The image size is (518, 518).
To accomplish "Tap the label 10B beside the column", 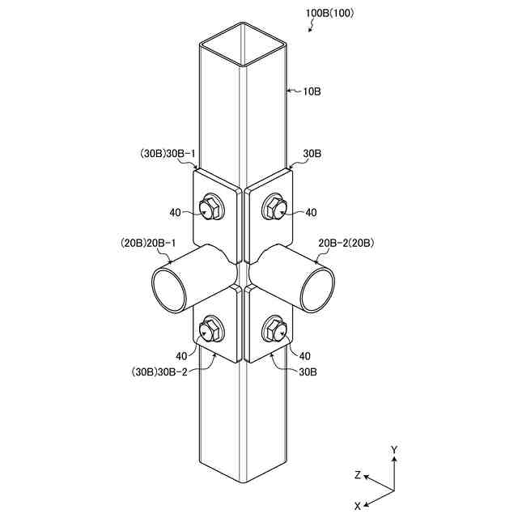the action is [x=312, y=91].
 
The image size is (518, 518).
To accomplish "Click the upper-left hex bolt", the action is [x=213, y=209].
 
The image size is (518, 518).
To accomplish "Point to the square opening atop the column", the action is [x=244, y=45].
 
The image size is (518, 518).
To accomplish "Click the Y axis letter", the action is [x=393, y=449].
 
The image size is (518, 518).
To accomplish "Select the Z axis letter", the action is [x=357, y=475].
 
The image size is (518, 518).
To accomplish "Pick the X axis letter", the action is [x=357, y=504].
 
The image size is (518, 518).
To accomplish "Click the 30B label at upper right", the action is [x=313, y=153].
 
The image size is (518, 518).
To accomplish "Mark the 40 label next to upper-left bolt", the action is [x=176, y=212].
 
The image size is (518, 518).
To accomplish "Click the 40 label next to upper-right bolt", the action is [x=312, y=212].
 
